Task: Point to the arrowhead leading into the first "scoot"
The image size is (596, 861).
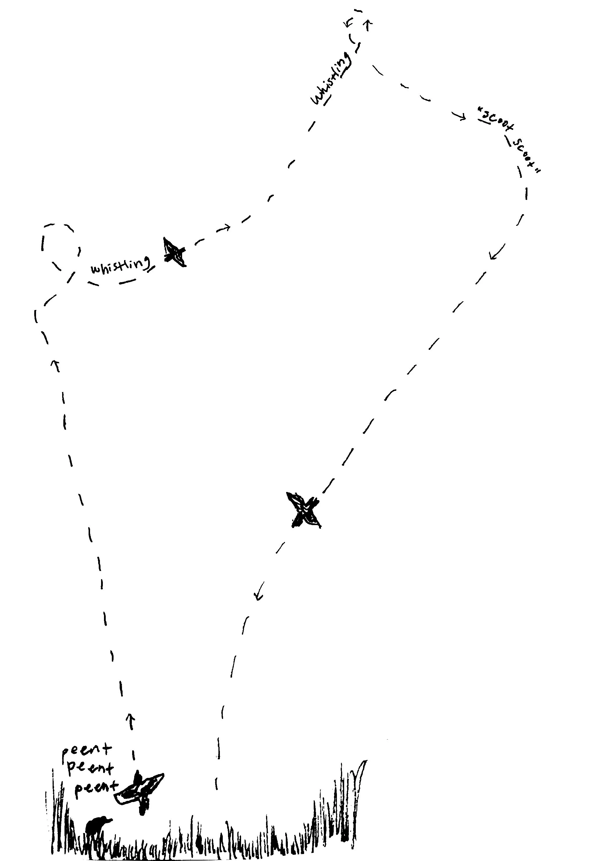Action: click(x=462, y=117)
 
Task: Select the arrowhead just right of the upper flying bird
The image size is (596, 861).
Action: click(x=224, y=228)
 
